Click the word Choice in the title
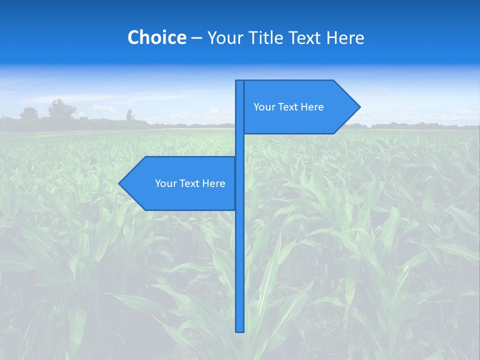[156, 37]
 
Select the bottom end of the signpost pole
[239, 330]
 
